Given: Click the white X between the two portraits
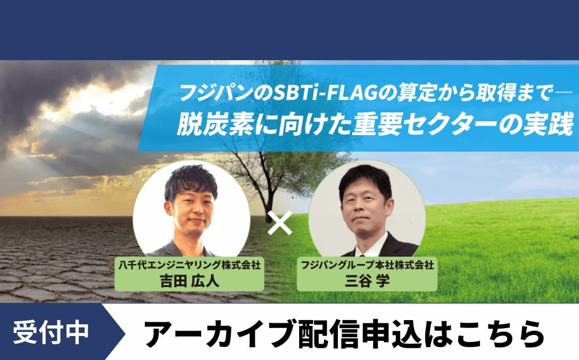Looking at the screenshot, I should coord(280,223).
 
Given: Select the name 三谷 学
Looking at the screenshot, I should coord(367,281).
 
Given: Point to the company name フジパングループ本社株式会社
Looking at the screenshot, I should coord(367,265).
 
